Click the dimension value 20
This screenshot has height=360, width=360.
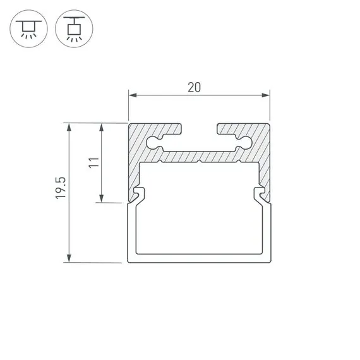click(194, 88)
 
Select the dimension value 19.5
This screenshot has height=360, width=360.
click(61, 188)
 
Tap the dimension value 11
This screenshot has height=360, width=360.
click(94, 163)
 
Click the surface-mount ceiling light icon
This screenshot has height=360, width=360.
click(28, 28)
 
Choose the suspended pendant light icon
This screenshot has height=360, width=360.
click(74, 28)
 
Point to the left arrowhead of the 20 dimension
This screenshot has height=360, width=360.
click(133, 95)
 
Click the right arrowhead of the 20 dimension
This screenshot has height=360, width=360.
click(266, 95)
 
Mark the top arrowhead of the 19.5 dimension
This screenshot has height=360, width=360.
click(69, 127)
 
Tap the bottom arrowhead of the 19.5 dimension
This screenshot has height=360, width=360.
click(69, 258)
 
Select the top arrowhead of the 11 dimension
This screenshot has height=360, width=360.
click(101, 127)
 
